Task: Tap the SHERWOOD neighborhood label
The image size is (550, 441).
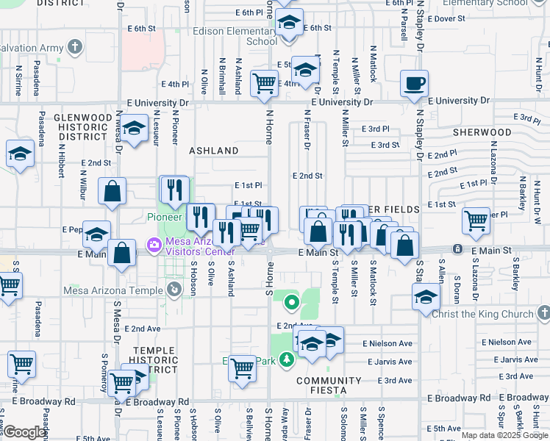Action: coord(482,132)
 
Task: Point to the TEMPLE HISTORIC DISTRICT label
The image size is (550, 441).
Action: coord(154,361)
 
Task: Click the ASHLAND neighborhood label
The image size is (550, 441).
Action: coord(214,151)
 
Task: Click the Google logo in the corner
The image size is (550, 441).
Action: coord(25,432)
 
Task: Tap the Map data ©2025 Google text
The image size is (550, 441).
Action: coord(505,435)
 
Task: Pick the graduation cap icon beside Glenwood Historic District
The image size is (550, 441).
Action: coord(134,129)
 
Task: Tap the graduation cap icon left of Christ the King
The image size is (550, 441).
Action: coord(425,298)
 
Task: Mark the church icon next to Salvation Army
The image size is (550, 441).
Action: coord(74,48)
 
